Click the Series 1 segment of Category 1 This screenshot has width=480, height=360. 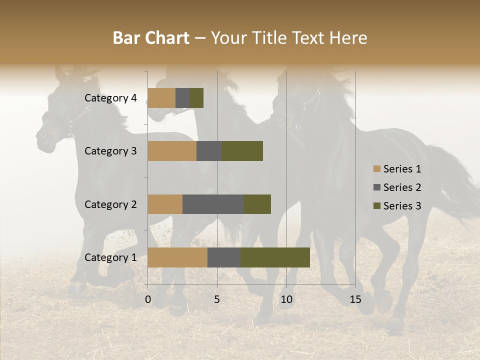click(177, 257)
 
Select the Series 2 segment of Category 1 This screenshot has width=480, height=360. click(224, 257)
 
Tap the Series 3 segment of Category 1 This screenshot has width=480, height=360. click(275, 257)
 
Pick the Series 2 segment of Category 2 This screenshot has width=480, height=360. click(213, 204)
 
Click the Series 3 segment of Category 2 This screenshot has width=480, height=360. click(257, 204)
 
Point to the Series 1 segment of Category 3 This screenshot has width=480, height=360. click(172, 151)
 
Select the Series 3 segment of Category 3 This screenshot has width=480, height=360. click(242, 151)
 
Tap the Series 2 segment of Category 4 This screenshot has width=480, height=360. click(182, 98)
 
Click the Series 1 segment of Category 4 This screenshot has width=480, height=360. click(161, 98)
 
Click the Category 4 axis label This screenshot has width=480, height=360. click(110, 98)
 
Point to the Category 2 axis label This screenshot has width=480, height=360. click(110, 204)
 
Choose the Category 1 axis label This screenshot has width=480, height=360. click(110, 257)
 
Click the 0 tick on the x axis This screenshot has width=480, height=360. click(148, 299)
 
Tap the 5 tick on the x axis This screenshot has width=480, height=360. click(217, 299)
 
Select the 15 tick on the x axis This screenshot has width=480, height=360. click(355, 299)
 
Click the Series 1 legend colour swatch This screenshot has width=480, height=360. click(376, 169)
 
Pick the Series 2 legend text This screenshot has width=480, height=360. click(402, 187)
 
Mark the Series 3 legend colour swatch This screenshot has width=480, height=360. click(376, 206)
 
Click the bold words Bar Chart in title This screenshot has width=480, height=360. click(151, 38)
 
